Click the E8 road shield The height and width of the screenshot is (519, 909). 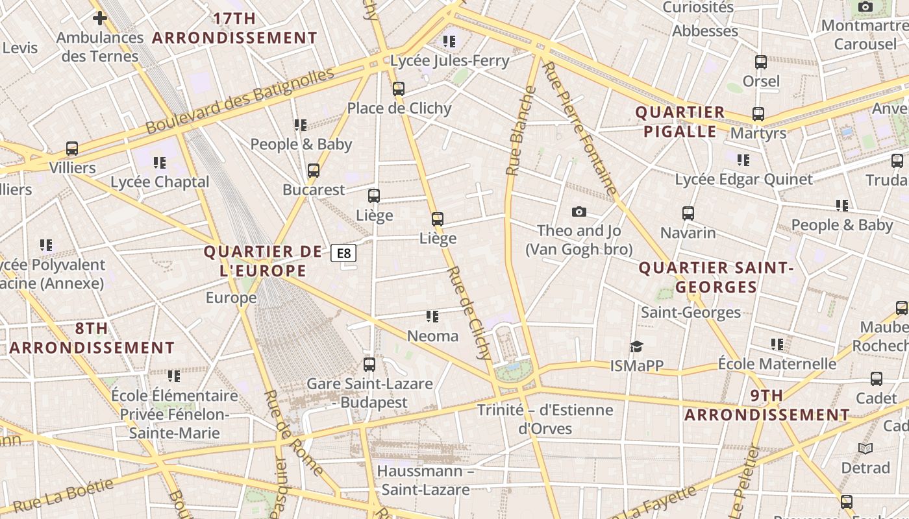click(x=343, y=253)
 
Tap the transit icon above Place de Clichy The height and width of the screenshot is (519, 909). click(x=399, y=89)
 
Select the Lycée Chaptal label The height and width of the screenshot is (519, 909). click(x=160, y=182)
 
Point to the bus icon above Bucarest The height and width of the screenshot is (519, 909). click(x=314, y=171)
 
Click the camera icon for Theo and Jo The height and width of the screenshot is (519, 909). click(x=579, y=211)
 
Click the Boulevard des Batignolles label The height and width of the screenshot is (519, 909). click(x=240, y=101)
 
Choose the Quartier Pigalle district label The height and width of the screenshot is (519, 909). click(x=679, y=122)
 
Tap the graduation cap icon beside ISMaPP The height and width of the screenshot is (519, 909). click(x=636, y=347)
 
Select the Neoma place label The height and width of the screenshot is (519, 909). click(x=432, y=336)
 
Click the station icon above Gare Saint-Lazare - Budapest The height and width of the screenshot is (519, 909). click(x=369, y=365)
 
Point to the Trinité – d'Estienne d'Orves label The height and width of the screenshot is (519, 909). click(x=545, y=419)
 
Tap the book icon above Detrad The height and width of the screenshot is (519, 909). click(x=865, y=448)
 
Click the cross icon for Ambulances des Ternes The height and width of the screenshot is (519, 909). click(x=99, y=18)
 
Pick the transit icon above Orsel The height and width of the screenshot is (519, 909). click(x=761, y=62)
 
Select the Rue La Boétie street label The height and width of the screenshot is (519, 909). click(x=64, y=495)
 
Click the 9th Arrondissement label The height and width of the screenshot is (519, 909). click(x=767, y=405)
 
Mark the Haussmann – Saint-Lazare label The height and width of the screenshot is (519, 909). click(x=425, y=480)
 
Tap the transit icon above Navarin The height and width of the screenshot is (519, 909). click(x=688, y=213)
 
